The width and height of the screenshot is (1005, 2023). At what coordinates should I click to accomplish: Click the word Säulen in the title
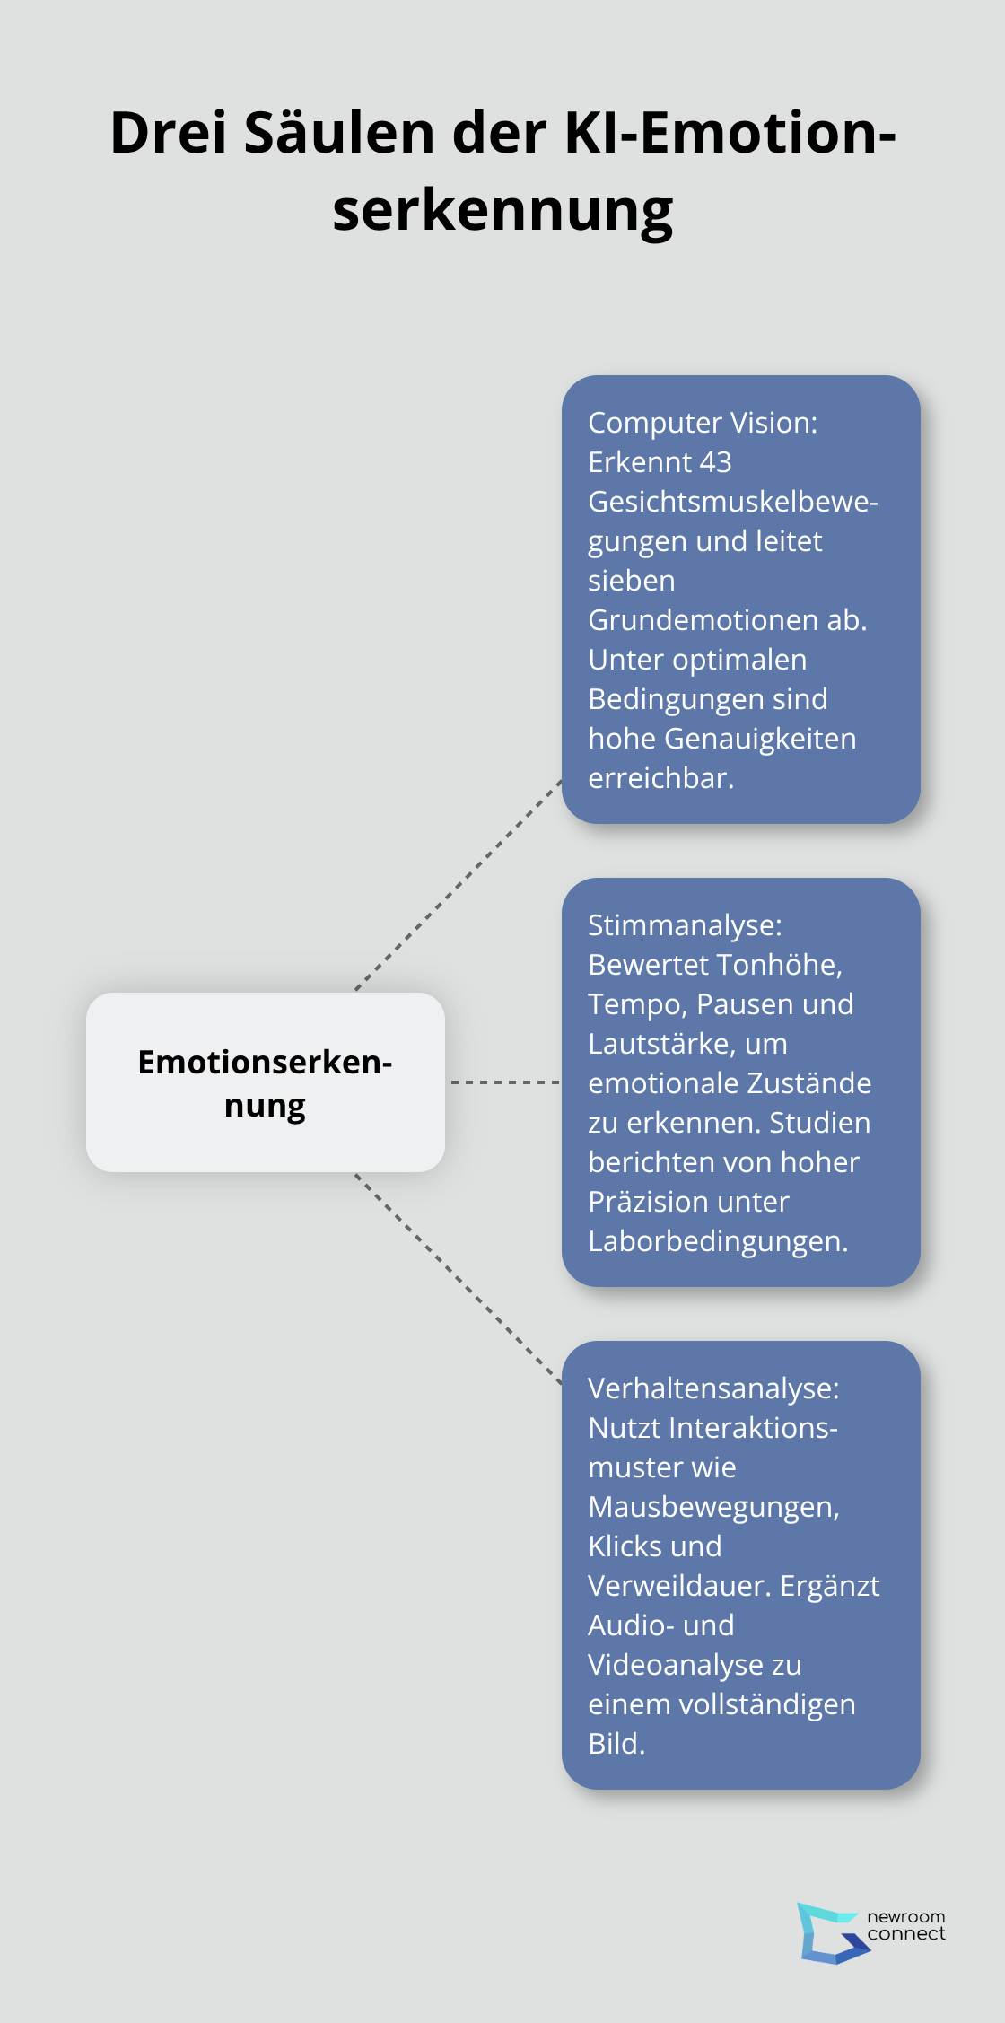[x=340, y=133]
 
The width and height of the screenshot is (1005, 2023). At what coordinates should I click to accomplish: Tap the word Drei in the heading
[x=169, y=133]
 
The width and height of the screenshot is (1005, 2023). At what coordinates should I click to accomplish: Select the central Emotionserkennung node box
[x=266, y=1082]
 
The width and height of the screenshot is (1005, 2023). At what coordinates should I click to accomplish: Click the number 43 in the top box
[x=715, y=462]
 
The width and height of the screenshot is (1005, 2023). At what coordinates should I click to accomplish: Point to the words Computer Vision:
[x=703, y=423]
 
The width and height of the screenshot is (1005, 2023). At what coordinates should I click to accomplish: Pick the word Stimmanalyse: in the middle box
[x=685, y=925]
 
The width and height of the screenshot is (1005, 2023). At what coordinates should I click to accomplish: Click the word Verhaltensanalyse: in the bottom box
[x=713, y=1388]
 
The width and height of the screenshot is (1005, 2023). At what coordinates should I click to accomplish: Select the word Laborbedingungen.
[x=718, y=1241]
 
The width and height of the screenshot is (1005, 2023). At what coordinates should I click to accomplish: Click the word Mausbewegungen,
[x=713, y=1507]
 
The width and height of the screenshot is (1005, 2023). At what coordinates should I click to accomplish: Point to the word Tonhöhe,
[x=779, y=965]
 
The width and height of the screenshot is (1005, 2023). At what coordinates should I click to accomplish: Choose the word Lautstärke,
[x=687, y=1044]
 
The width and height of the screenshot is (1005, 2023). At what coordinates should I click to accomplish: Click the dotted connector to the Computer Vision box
[x=459, y=886]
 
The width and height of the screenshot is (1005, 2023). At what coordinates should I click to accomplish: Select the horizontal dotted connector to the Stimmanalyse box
[x=505, y=1082]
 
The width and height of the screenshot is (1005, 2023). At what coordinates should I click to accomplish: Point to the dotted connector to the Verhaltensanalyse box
[x=459, y=1278]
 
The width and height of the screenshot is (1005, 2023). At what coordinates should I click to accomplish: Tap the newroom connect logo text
[x=906, y=1926]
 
